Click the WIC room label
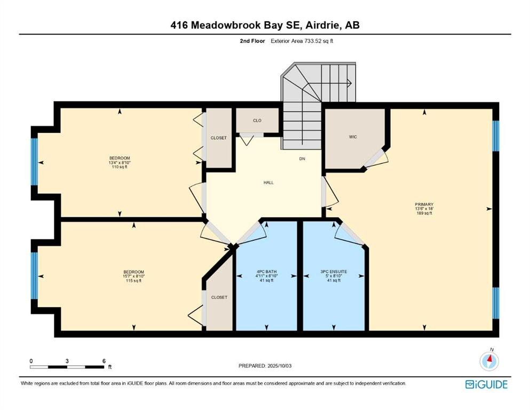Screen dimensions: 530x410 pos(353,137)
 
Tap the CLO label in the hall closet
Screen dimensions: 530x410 pos(257,120)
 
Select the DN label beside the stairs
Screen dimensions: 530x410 pos(302,159)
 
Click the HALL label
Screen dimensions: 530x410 pos(268,183)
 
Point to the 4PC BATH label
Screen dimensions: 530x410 pos(267,271)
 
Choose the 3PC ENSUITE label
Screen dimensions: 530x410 pos(334,271)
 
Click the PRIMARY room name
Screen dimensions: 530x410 pos(424,204)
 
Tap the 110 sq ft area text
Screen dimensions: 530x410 pos(120,167)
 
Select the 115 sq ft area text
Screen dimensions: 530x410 pos(133,281)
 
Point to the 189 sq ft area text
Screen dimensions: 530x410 pos(424,213)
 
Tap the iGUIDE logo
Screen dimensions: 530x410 pos(486,384)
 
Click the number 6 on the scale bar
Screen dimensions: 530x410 pos(104,361)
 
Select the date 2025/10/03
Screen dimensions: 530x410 pos(279,366)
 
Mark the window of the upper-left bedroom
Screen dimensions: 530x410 pos(34,162)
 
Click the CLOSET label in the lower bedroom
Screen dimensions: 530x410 pos(219,297)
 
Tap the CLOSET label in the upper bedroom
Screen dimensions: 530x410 pos(219,138)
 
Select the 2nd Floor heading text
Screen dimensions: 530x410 pos(252,41)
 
